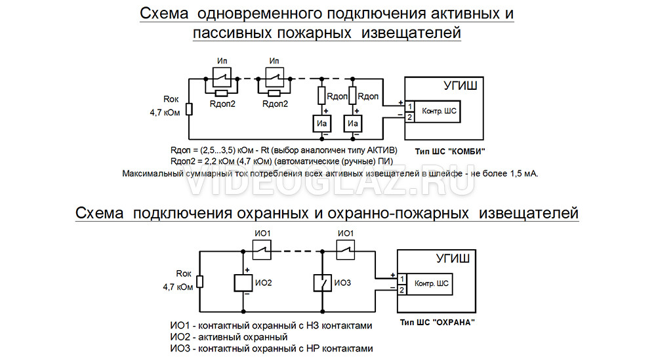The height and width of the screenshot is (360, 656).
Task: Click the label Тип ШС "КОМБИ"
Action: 451,151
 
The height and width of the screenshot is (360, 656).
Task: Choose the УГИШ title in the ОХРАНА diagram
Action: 449,259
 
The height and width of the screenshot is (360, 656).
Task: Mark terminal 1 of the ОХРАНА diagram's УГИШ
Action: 400,278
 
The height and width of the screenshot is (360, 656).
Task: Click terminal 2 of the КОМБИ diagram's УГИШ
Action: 409,117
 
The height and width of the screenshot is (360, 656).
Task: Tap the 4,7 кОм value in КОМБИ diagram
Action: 164,113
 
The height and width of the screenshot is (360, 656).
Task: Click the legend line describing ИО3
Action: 271,348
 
